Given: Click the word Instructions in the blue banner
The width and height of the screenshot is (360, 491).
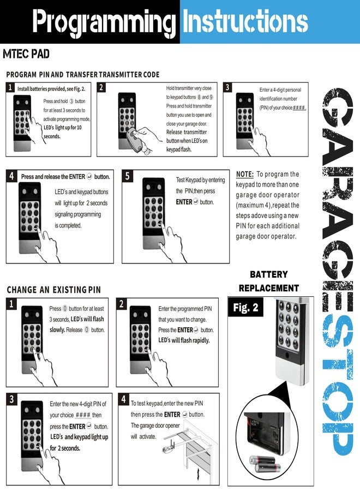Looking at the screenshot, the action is point(245,21).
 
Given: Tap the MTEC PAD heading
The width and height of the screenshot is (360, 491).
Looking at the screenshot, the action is point(26,54).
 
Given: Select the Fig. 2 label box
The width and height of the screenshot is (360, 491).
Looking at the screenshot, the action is point(246,307).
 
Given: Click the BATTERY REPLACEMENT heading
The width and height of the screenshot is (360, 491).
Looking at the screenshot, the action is point(269,281).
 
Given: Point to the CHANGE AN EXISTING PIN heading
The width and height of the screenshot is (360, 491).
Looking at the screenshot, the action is point(54,290).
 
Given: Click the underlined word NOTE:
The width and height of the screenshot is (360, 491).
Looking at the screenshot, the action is point(245,174).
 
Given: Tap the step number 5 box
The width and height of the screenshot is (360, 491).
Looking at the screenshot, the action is point(128,176).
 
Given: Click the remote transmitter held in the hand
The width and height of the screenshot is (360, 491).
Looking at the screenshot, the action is point(135,141).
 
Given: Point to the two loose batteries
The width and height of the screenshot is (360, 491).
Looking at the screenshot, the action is point(265,464).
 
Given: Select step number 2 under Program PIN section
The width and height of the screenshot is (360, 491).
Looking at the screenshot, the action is point(101,87).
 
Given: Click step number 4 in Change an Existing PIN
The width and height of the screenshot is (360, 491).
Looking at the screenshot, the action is point(123,399).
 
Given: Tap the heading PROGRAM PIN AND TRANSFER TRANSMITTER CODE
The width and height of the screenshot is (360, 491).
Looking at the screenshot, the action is point(83,75).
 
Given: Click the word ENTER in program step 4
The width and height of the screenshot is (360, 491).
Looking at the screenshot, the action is point(77,177).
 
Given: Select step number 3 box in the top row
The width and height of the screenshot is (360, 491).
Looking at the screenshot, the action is point(227,87).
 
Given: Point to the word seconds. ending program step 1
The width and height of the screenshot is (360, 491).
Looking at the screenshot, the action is point(52,136).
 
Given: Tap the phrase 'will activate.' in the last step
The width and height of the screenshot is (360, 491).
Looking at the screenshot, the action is point(143,436).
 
